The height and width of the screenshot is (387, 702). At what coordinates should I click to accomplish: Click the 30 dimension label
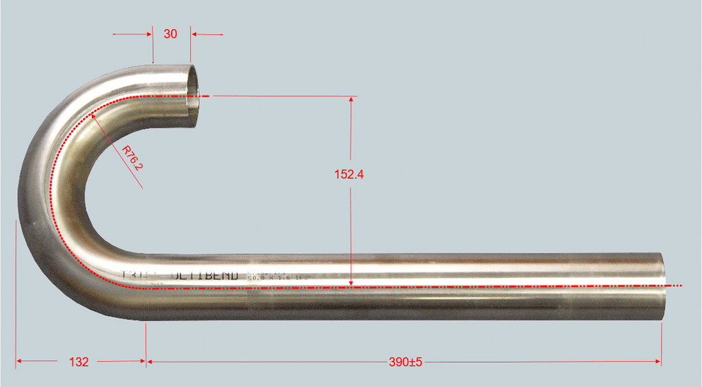point(170,34)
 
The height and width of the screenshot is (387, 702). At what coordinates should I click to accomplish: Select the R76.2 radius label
point(133,159)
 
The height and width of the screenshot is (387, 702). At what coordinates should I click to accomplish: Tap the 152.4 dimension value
point(349,174)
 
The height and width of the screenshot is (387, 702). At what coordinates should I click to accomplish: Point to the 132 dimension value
point(80,362)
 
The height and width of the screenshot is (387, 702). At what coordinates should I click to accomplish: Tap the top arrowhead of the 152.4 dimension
point(351,100)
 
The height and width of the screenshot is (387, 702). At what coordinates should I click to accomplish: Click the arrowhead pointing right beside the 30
point(147,34)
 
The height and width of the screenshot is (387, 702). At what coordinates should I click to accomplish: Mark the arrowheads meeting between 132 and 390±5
point(146,360)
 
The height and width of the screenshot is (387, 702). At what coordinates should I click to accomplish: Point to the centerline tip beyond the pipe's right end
point(681,285)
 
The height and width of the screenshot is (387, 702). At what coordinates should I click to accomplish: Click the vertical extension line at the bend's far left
point(16,288)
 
